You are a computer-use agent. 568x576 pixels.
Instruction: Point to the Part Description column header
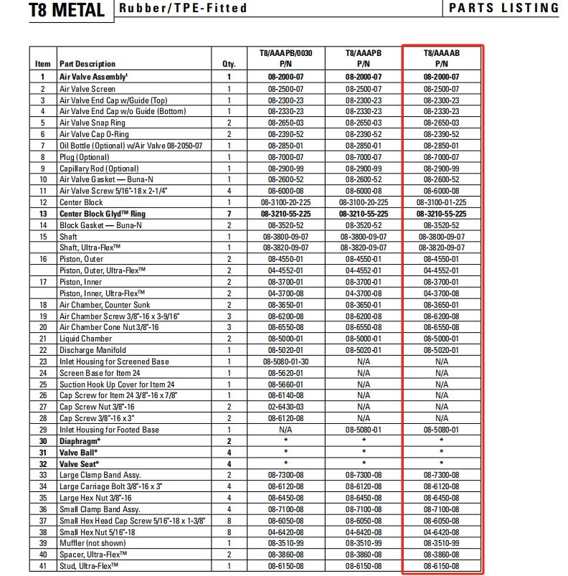(87, 64)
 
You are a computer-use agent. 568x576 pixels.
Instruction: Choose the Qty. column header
(229, 64)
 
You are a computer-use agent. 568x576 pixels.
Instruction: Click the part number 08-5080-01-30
(285, 362)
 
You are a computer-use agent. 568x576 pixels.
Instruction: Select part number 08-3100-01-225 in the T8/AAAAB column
(441, 202)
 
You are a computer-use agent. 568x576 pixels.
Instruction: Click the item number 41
(43, 566)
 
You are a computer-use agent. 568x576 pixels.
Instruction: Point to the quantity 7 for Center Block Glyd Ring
(229, 214)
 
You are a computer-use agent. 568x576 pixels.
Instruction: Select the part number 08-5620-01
(285, 373)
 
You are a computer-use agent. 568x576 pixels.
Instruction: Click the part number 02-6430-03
(285, 407)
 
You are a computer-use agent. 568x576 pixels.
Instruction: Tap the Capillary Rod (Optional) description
(99, 168)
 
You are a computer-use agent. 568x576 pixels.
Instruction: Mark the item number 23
(43, 362)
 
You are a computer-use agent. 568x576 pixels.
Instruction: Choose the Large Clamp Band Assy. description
(100, 475)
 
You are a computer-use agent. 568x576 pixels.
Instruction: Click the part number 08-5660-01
(285, 384)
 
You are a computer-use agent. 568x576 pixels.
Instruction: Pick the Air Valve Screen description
(87, 89)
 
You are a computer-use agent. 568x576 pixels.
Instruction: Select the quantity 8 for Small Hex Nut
(229, 532)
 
